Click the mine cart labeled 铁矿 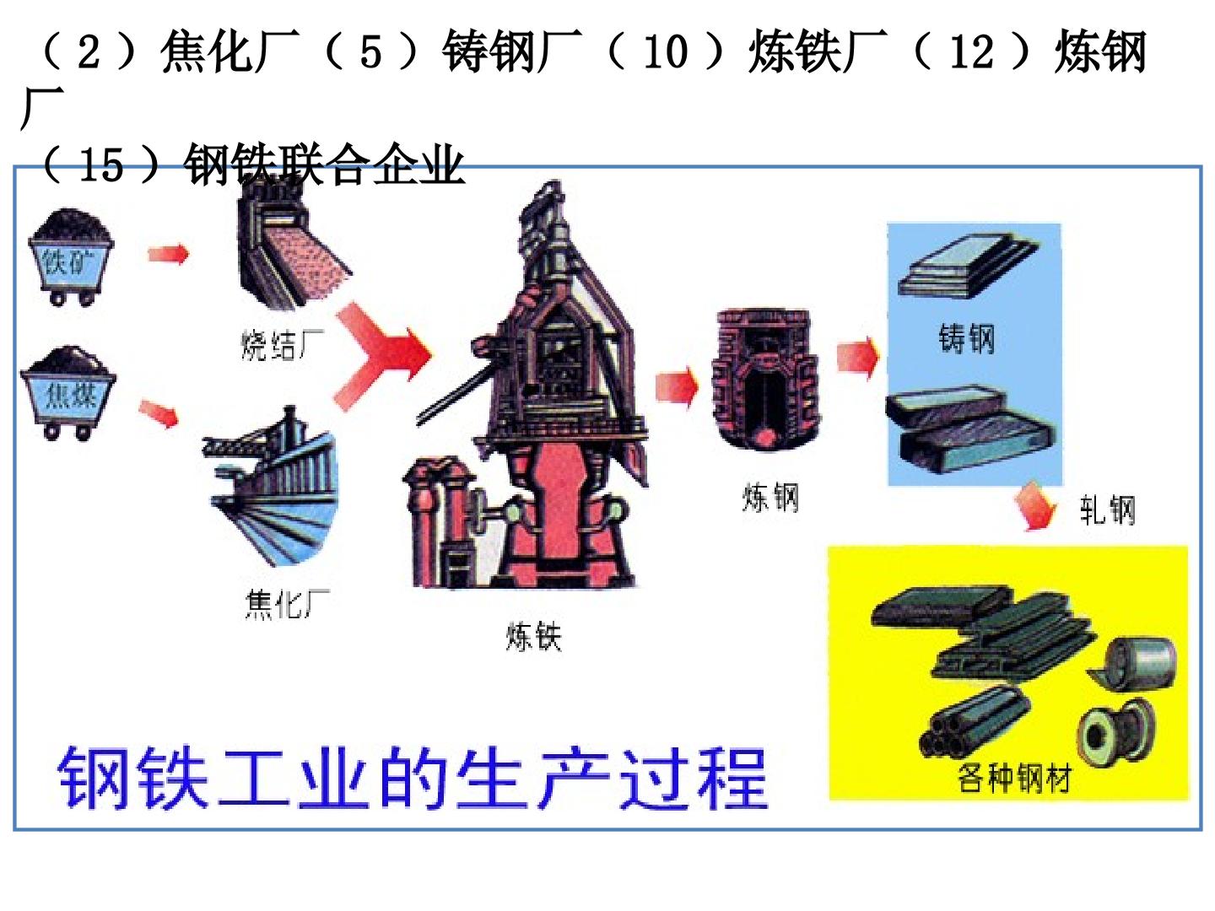tap(72, 257)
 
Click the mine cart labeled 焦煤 tap(68, 393)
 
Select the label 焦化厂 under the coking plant tap(287, 603)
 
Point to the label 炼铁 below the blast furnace tap(533, 636)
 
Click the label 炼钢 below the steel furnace tap(770, 497)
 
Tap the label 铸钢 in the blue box tap(966, 337)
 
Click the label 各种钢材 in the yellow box tap(1014, 778)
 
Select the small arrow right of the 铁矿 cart tap(169, 254)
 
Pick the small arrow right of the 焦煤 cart tap(159, 413)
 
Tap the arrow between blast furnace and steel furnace tap(677, 386)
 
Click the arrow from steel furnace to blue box tap(858, 358)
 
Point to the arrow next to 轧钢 tap(1036, 506)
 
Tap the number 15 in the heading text tap(100, 164)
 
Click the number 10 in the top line tap(666, 52)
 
